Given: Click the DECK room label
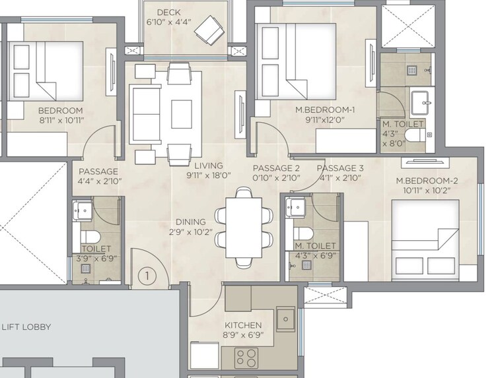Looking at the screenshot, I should (168, 13).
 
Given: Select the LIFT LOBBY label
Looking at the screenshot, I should (26, 327).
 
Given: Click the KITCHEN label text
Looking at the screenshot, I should (244, 325).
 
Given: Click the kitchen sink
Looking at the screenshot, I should (285, 319).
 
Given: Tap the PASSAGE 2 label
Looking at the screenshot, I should (276, 168).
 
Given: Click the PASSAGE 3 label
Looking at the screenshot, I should (345, 168).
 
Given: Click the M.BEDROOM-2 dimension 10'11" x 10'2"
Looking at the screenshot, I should (423, 190).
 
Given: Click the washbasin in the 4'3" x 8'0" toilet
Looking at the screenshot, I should (420, 102).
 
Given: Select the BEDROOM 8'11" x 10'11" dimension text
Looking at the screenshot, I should (60, 120).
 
